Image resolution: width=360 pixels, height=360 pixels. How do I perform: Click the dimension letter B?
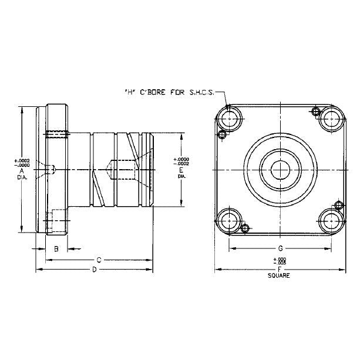click(56, 249)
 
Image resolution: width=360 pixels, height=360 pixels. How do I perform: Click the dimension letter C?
click(99, 259)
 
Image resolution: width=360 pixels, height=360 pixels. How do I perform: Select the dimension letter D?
click(94, 270)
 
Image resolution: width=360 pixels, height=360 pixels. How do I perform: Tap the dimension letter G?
click(280, 249)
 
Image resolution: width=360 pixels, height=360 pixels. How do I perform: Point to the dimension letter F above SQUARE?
click(280, 270)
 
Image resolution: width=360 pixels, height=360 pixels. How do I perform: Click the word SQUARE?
click(280, 275)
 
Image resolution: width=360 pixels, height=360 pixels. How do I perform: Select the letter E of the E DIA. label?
click(181, 169)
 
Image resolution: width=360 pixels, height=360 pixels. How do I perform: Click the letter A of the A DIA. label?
click(21, 170)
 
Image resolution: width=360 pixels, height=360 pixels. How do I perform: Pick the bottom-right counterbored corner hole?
click(332, 221)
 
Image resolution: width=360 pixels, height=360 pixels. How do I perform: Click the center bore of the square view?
click(280, 169)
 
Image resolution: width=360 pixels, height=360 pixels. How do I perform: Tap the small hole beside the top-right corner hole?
click(315, 111)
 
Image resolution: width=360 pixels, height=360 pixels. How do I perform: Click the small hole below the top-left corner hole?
click(222, 134)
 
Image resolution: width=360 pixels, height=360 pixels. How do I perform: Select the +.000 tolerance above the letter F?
click(280, 260)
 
